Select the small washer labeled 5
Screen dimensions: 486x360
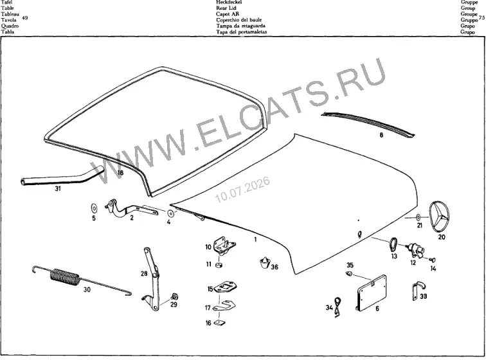tap(94, 208)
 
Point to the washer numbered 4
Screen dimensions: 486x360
tap(170, 213)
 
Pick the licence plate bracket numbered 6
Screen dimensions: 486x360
tap(372, 292)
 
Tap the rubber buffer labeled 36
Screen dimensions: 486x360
tap(264, 262)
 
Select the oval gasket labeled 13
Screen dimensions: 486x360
tap(393, 244)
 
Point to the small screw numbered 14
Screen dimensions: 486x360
tap(433, 260)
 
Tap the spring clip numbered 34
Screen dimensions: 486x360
tap(337, 307)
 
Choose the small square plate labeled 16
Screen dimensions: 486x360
tap(221, 323)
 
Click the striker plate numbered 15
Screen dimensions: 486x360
tap(226, 287)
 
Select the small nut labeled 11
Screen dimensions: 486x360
tap(219, 265)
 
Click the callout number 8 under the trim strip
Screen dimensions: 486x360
tap(381, 135)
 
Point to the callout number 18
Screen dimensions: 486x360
tap(120, 173)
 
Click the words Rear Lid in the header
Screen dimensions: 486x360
tap(226, 8)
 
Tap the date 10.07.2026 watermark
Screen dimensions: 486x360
tap(242, 190)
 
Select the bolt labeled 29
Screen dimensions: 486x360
tap(175, 296)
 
